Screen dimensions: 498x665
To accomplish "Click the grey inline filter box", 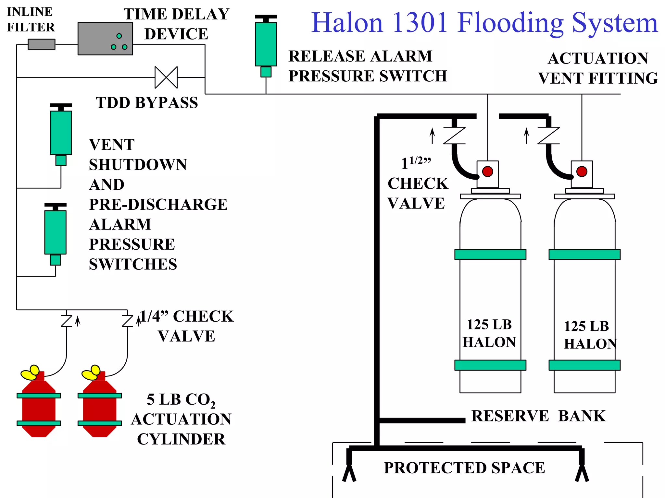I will point(41,44).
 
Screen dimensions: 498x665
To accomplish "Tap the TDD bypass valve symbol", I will point(166,77).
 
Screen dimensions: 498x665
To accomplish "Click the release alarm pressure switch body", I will point(266,44).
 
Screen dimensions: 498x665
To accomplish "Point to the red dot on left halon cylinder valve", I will point(487,172).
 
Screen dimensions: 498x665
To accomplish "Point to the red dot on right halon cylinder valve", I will point(582,172).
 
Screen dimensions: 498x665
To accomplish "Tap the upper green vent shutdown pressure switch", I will point(61,133).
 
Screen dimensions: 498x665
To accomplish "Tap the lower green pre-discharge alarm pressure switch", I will point(55,232).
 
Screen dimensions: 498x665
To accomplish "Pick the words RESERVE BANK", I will point(538,416).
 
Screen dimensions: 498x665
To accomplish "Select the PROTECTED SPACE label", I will point(464,468).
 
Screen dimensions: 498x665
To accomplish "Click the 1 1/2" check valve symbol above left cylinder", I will point(454,136).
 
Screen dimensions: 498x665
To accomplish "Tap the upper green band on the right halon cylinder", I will point(584,255).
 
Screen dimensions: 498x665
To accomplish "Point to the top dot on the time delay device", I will point(119,36).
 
